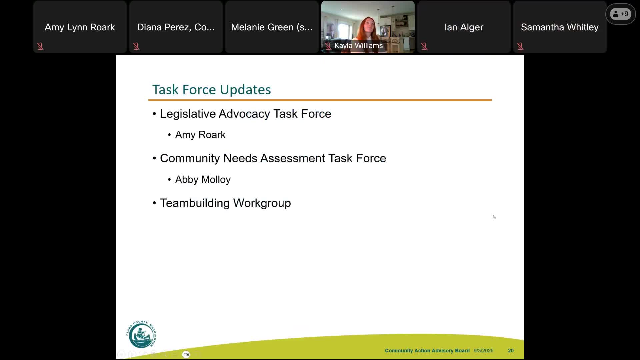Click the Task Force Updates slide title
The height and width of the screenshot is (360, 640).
211,90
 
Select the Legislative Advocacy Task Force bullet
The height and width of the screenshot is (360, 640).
245,114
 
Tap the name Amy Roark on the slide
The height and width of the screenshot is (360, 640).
200,135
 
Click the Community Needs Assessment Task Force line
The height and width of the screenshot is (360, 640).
273,158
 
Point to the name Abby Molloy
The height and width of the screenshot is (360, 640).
203,180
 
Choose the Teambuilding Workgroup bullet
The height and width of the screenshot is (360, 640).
225,203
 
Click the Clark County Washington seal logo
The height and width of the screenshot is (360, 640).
141,334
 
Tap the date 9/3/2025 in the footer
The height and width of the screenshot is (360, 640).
483,351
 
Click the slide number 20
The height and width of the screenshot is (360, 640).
511,351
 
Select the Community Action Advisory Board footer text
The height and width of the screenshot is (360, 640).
427,351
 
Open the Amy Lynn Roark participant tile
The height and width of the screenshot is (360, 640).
80,27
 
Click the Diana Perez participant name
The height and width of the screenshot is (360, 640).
176,27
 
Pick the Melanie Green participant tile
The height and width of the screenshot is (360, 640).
272,27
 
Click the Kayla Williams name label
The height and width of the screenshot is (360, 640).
358,46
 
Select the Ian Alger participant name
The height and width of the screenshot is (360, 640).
464,27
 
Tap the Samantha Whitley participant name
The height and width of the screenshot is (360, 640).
560,27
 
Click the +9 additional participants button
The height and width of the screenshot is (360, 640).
620,14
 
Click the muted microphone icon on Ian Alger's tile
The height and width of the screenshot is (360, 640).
424,46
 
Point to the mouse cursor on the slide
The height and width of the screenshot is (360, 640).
494,217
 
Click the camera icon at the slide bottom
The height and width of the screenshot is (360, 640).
186,354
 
